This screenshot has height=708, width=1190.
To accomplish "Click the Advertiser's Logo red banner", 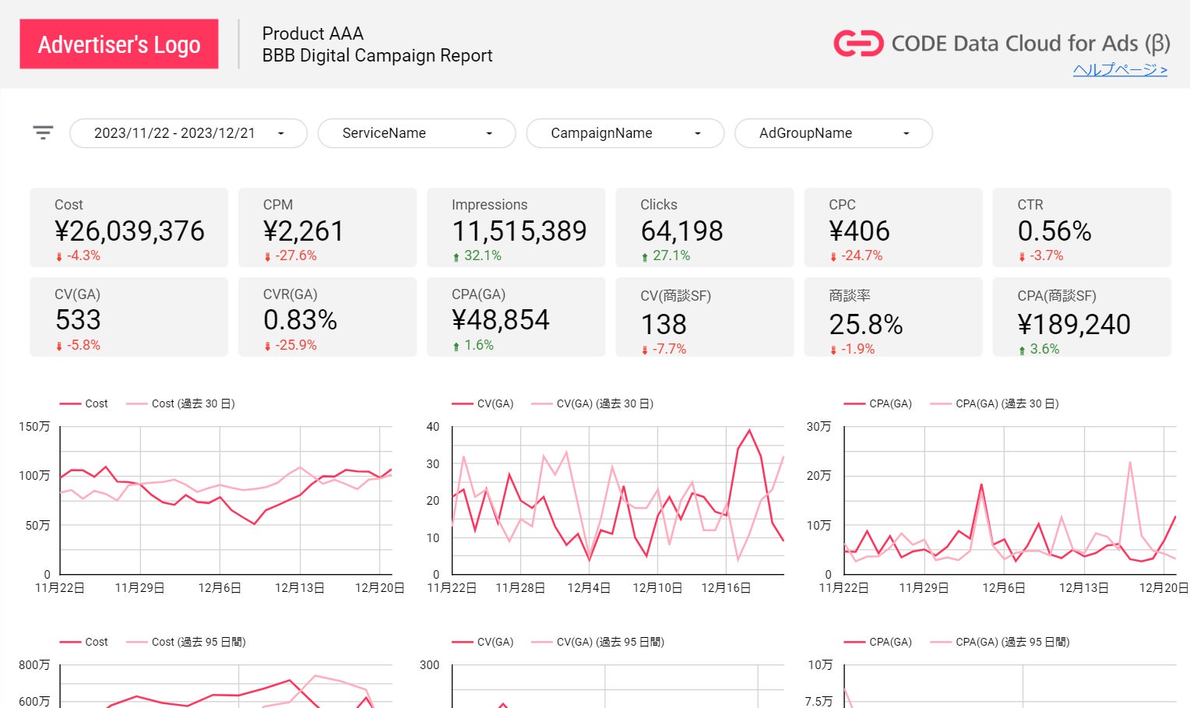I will click(118, 44).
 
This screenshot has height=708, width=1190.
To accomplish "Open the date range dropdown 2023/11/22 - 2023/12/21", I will click(188, 133).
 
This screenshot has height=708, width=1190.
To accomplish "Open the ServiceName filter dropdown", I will click(417, 133).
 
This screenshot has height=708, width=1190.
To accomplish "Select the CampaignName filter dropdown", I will click(625, 133).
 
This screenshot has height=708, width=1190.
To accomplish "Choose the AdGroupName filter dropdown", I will click(833, 133).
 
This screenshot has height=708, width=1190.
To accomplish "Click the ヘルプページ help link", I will click(1120, 70).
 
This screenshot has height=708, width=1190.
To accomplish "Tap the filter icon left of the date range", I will click(43, 132).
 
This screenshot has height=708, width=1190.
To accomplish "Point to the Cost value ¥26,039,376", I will click(129, 231).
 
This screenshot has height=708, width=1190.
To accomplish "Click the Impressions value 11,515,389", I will click(519, 231).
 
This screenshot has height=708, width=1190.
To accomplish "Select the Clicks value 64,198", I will click(681, 231).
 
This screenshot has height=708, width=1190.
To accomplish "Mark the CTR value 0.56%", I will click(1054, 231).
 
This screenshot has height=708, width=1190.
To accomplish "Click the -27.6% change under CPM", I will click(295, 255).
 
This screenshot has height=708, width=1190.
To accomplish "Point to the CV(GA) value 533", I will click(78, 320).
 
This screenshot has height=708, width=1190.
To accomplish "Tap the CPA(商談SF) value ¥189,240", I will click(1074, 325).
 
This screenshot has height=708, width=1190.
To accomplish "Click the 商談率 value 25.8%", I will click(865, 325).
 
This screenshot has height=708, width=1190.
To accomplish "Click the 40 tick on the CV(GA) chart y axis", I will click(433, 427).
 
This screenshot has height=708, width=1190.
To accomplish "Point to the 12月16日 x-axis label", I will click(726, 588).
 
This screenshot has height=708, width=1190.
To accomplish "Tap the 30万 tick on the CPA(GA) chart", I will click(819, 427).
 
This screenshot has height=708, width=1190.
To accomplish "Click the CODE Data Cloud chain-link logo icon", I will click(858, 44).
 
